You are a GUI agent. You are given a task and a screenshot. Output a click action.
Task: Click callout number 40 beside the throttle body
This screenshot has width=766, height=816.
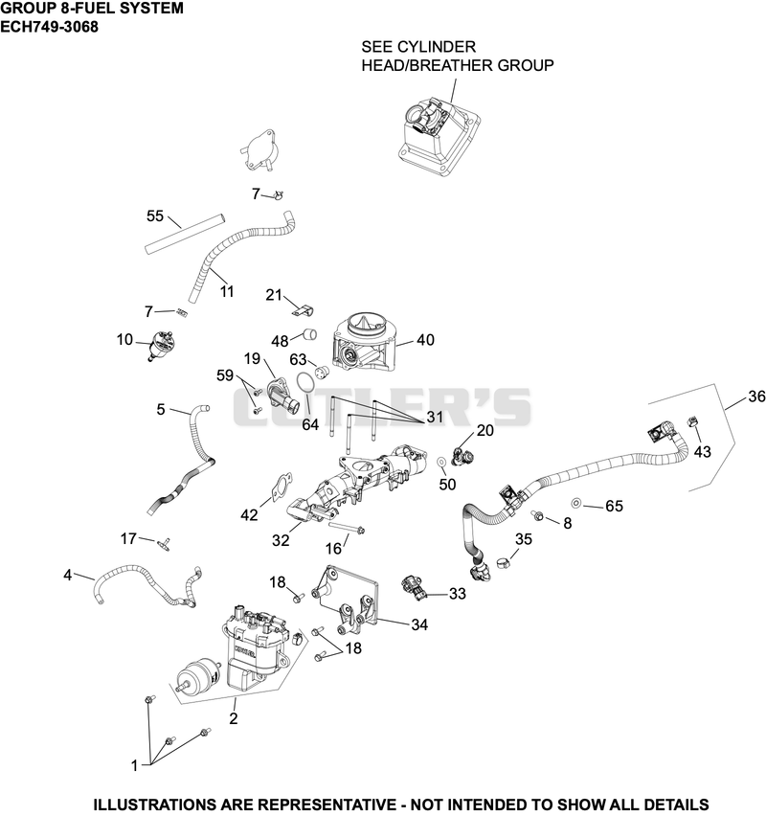[425, 340]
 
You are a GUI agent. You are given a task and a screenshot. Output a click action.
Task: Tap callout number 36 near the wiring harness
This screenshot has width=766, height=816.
[756, 397]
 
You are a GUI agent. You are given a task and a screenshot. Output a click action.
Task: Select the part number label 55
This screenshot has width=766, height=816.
[155, 215]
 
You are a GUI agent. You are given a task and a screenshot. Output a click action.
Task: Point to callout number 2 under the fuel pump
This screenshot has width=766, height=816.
[234, 718]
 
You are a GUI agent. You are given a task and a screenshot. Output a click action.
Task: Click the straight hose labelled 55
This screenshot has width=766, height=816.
[184, 233]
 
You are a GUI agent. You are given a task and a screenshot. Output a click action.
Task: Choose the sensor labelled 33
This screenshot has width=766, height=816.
[415, 589]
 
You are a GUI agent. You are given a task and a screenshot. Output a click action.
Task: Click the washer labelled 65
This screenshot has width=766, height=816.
[576, 503]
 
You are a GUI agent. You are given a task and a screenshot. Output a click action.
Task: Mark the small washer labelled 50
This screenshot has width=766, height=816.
[440, 462]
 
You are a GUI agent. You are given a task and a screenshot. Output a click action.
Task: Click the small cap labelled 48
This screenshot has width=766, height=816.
[310, 333]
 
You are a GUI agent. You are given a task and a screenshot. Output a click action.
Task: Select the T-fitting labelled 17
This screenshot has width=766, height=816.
[163, 544]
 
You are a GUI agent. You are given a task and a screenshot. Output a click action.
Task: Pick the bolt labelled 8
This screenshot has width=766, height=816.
[537, 515]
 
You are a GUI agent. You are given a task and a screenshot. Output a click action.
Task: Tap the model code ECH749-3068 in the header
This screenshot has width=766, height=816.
[49, 27]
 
